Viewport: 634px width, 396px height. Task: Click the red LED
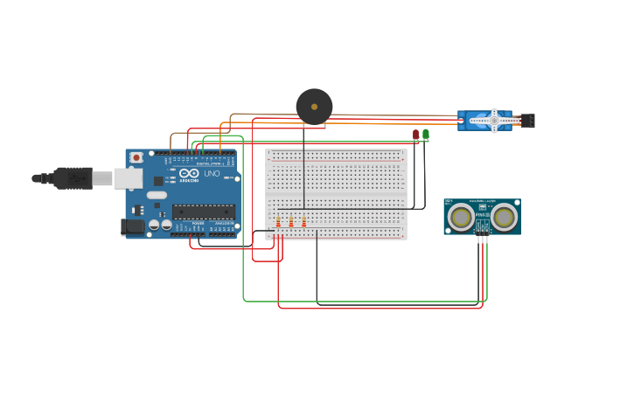pos(415,134)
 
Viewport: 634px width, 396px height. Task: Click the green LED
pos(426,134)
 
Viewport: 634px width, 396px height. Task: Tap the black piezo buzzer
pos(314,107)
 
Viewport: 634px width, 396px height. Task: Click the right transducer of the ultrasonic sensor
pos(505,217)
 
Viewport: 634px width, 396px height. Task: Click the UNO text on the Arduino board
pos(212,173)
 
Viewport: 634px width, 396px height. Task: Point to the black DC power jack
pos(132,226)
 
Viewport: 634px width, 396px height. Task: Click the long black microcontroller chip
pos(203,211)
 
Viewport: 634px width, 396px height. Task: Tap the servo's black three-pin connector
pos(529,121)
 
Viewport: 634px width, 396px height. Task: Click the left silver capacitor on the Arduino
pos(154,225)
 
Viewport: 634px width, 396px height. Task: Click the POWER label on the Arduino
pos(198,223)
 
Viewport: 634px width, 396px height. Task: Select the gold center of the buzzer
pos(314,107)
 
